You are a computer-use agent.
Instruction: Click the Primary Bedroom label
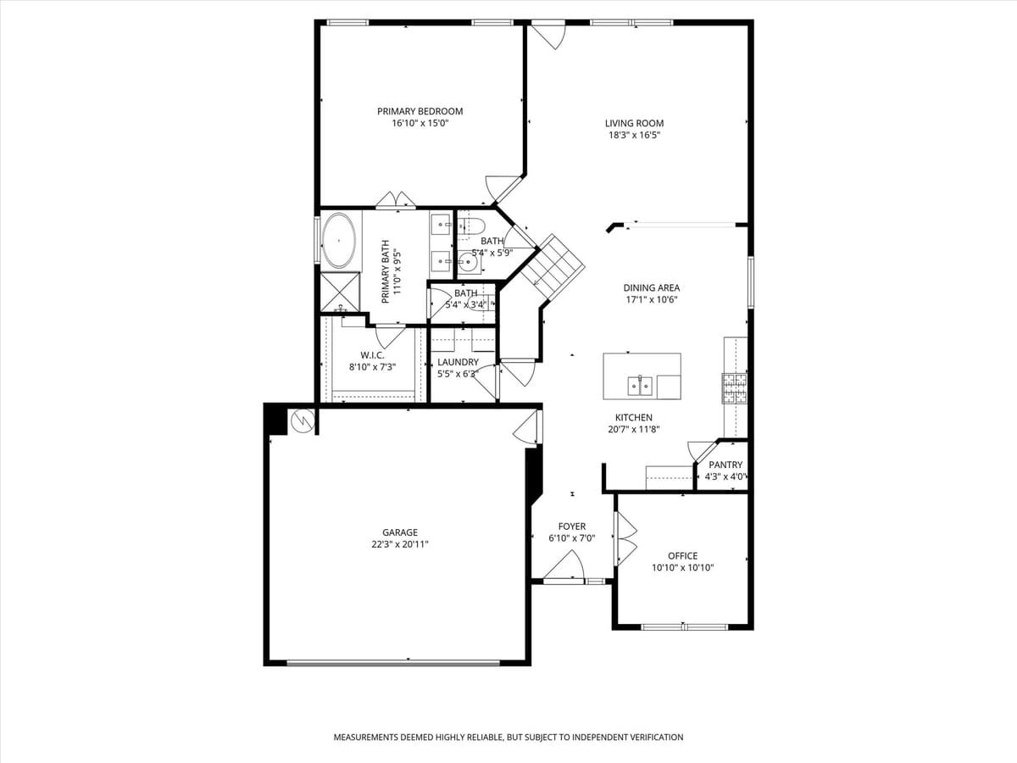point(420,111)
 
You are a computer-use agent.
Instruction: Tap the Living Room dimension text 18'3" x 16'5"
point(634,135)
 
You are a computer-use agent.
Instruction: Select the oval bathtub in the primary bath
point(339,240)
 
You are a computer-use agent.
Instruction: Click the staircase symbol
point(552,264)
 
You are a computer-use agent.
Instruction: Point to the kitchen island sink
point(640,387)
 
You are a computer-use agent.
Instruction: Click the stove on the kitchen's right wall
point(734,387)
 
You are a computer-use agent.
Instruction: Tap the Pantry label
point(725,465)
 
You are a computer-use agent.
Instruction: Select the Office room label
point(682,556)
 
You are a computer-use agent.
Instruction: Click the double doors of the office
point(625,538)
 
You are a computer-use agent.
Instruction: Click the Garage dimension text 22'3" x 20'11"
point(399,544)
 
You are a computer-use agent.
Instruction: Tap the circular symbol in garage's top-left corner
point(301,420)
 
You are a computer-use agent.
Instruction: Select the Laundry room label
point(458,362)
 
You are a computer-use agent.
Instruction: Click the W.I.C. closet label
point(372,355)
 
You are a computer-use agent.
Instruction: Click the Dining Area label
point(651,287)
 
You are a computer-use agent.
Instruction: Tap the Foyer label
point(571,526)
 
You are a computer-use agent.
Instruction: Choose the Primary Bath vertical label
point(386,271)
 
